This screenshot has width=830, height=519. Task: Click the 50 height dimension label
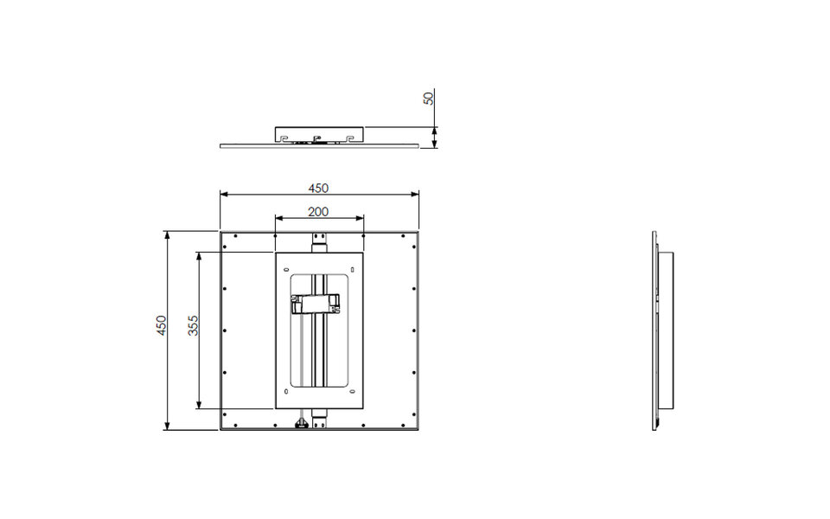[428, 98]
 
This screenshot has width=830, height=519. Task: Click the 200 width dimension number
[318, 211]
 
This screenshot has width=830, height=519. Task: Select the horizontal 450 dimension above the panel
[319, 188]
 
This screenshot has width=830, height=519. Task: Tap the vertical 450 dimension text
[161, 325]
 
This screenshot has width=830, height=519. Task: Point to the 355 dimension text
[194, 325]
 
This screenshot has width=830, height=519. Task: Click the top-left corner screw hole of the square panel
[225, 235]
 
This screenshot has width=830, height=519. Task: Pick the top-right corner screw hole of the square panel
[414, 235]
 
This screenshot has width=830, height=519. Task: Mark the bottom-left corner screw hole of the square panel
[225, 425]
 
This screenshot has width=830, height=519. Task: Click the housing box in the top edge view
[319, 134]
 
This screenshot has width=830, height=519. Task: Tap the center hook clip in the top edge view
[317, 138]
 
